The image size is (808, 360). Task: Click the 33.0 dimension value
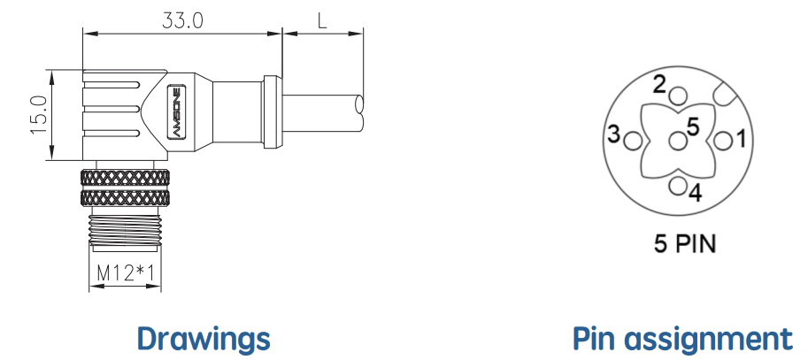coord(182,20)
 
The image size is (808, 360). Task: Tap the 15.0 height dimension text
coord(40,115)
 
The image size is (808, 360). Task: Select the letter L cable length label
coord(323,20)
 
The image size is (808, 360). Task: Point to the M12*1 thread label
coord(125,273)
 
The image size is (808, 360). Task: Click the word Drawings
coord(204,340)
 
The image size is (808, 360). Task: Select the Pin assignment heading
coord(683,340)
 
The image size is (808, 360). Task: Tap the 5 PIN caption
coord(685,243)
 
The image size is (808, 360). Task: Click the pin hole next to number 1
coord(724,141)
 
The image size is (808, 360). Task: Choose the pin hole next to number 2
coord(678,96)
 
